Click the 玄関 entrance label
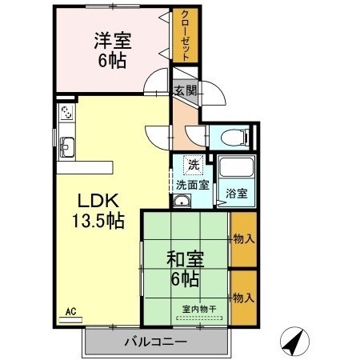(186, 91)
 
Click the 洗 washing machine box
(194, 165)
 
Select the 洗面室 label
(193, 185)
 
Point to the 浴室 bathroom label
(236, 194)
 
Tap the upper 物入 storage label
(243, 238)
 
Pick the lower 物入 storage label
(243, 298)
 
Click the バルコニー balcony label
(156, 342)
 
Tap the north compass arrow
(294, 342)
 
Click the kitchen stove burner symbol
(66, 113)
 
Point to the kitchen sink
(66, 146)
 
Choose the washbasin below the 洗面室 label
(182, 202)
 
